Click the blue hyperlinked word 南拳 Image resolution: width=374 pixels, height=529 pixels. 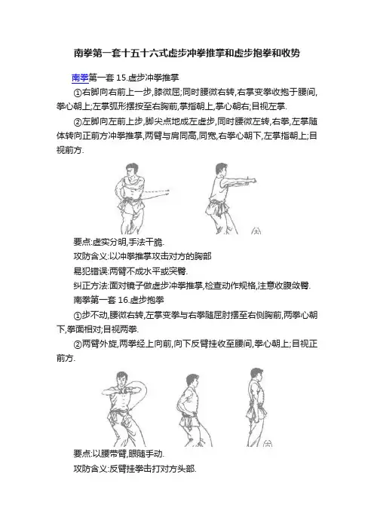click(81, 78)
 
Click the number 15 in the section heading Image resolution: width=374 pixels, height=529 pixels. click(121, 78)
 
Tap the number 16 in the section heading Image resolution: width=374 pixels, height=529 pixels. click(122, 300)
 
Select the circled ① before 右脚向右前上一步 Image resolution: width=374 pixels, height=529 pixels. click(78, 93)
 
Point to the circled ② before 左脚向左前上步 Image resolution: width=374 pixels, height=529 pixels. click(78, 121)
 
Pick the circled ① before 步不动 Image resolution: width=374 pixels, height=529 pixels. click(78, 316)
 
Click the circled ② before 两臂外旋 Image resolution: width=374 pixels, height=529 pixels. click(78, 344)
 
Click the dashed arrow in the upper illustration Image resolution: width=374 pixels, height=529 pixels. click(156, 192)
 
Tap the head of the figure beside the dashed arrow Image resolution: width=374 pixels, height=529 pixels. click(129, 170)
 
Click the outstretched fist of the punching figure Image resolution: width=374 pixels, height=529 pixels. click(252, 180)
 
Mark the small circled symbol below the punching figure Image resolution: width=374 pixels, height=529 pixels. click(256, 231)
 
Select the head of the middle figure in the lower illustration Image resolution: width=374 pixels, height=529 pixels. click(191, 380)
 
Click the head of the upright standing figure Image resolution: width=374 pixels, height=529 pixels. click(255, 375)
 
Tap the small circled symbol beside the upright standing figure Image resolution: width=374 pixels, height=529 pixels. click(267, 443)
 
